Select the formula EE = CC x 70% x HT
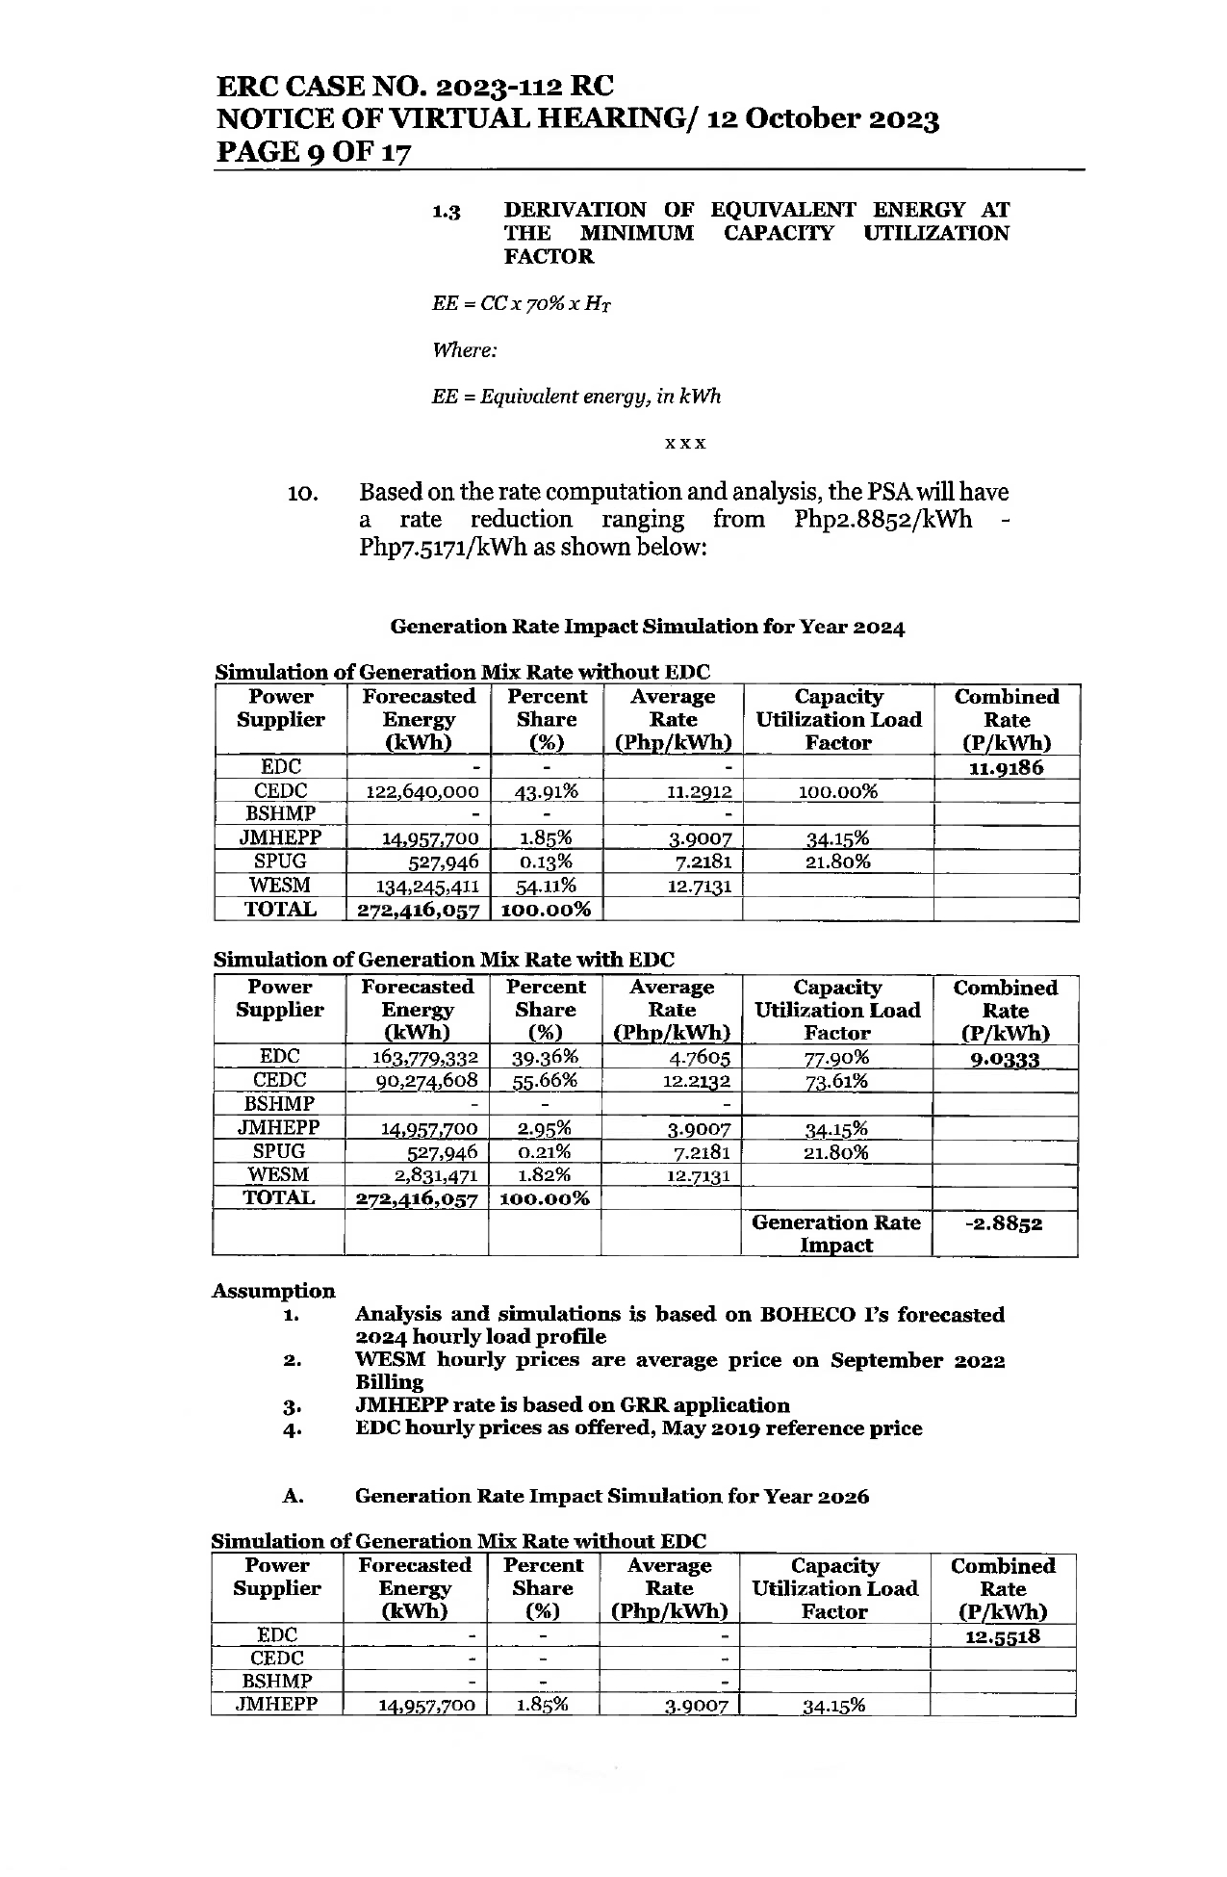(x=522, y=304)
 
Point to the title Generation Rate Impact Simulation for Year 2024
(x=647, y=627)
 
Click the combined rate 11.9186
(x=1006, y=768)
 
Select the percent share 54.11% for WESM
(x=546, y=886)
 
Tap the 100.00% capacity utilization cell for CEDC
(x=838, y=791)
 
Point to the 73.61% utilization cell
(x=836, y=1081)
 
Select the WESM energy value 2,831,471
(x=437, y=1174)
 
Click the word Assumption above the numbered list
(x=273, y=1291)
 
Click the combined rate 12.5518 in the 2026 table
(x=1002, y=1636)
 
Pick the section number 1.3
(x=446, y=211)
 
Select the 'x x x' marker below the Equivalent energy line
(x=685, y=444)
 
